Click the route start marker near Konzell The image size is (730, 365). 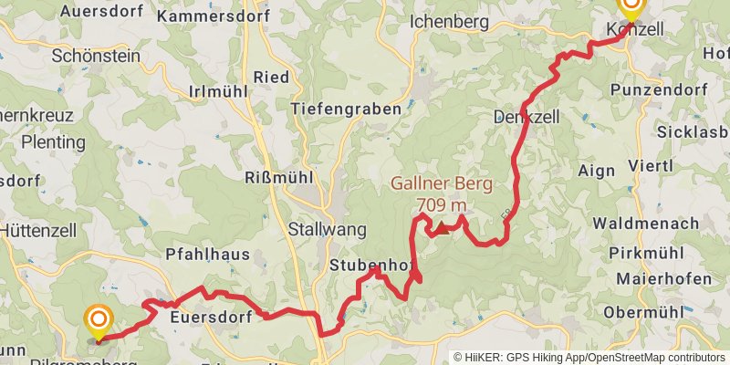point(631,8)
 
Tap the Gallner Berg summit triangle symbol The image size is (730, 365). point(441,228)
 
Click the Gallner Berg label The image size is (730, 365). point(442,183)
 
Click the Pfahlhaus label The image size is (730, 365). point(207,255)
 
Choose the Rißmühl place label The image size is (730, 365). point(279,178)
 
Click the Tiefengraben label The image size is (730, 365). point(346,109)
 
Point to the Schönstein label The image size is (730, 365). point(96,56)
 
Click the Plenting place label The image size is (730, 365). point(53,142)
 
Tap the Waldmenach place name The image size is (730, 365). point(646,224)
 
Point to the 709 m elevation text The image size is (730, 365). point(442,204)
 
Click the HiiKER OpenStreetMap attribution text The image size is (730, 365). point(589,358)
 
